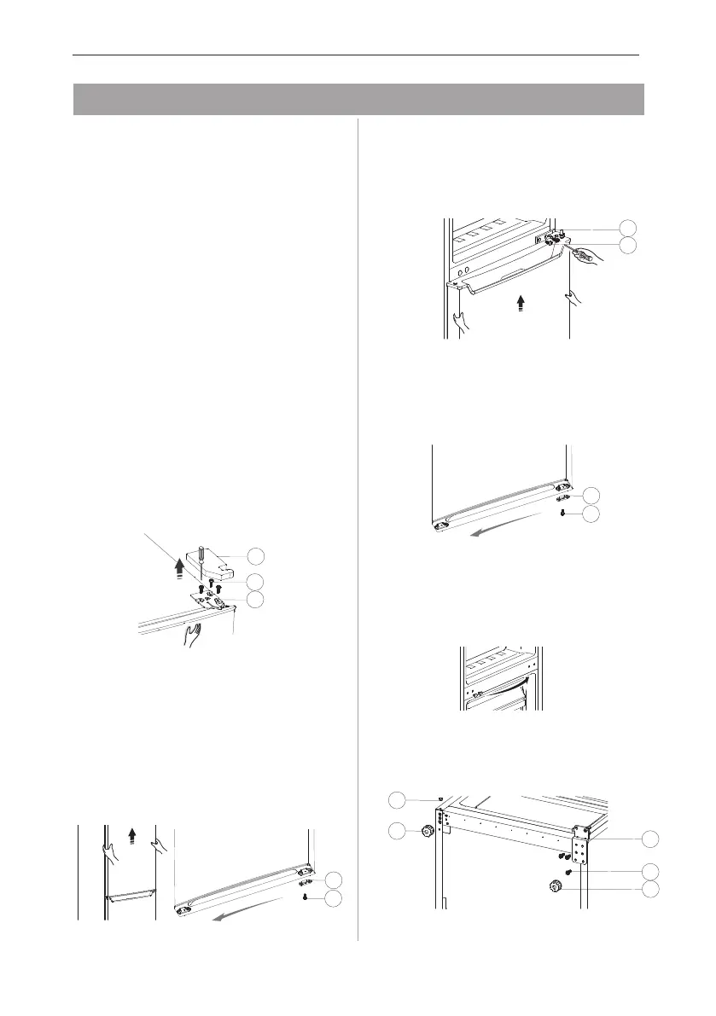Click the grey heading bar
pos(358,99)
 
